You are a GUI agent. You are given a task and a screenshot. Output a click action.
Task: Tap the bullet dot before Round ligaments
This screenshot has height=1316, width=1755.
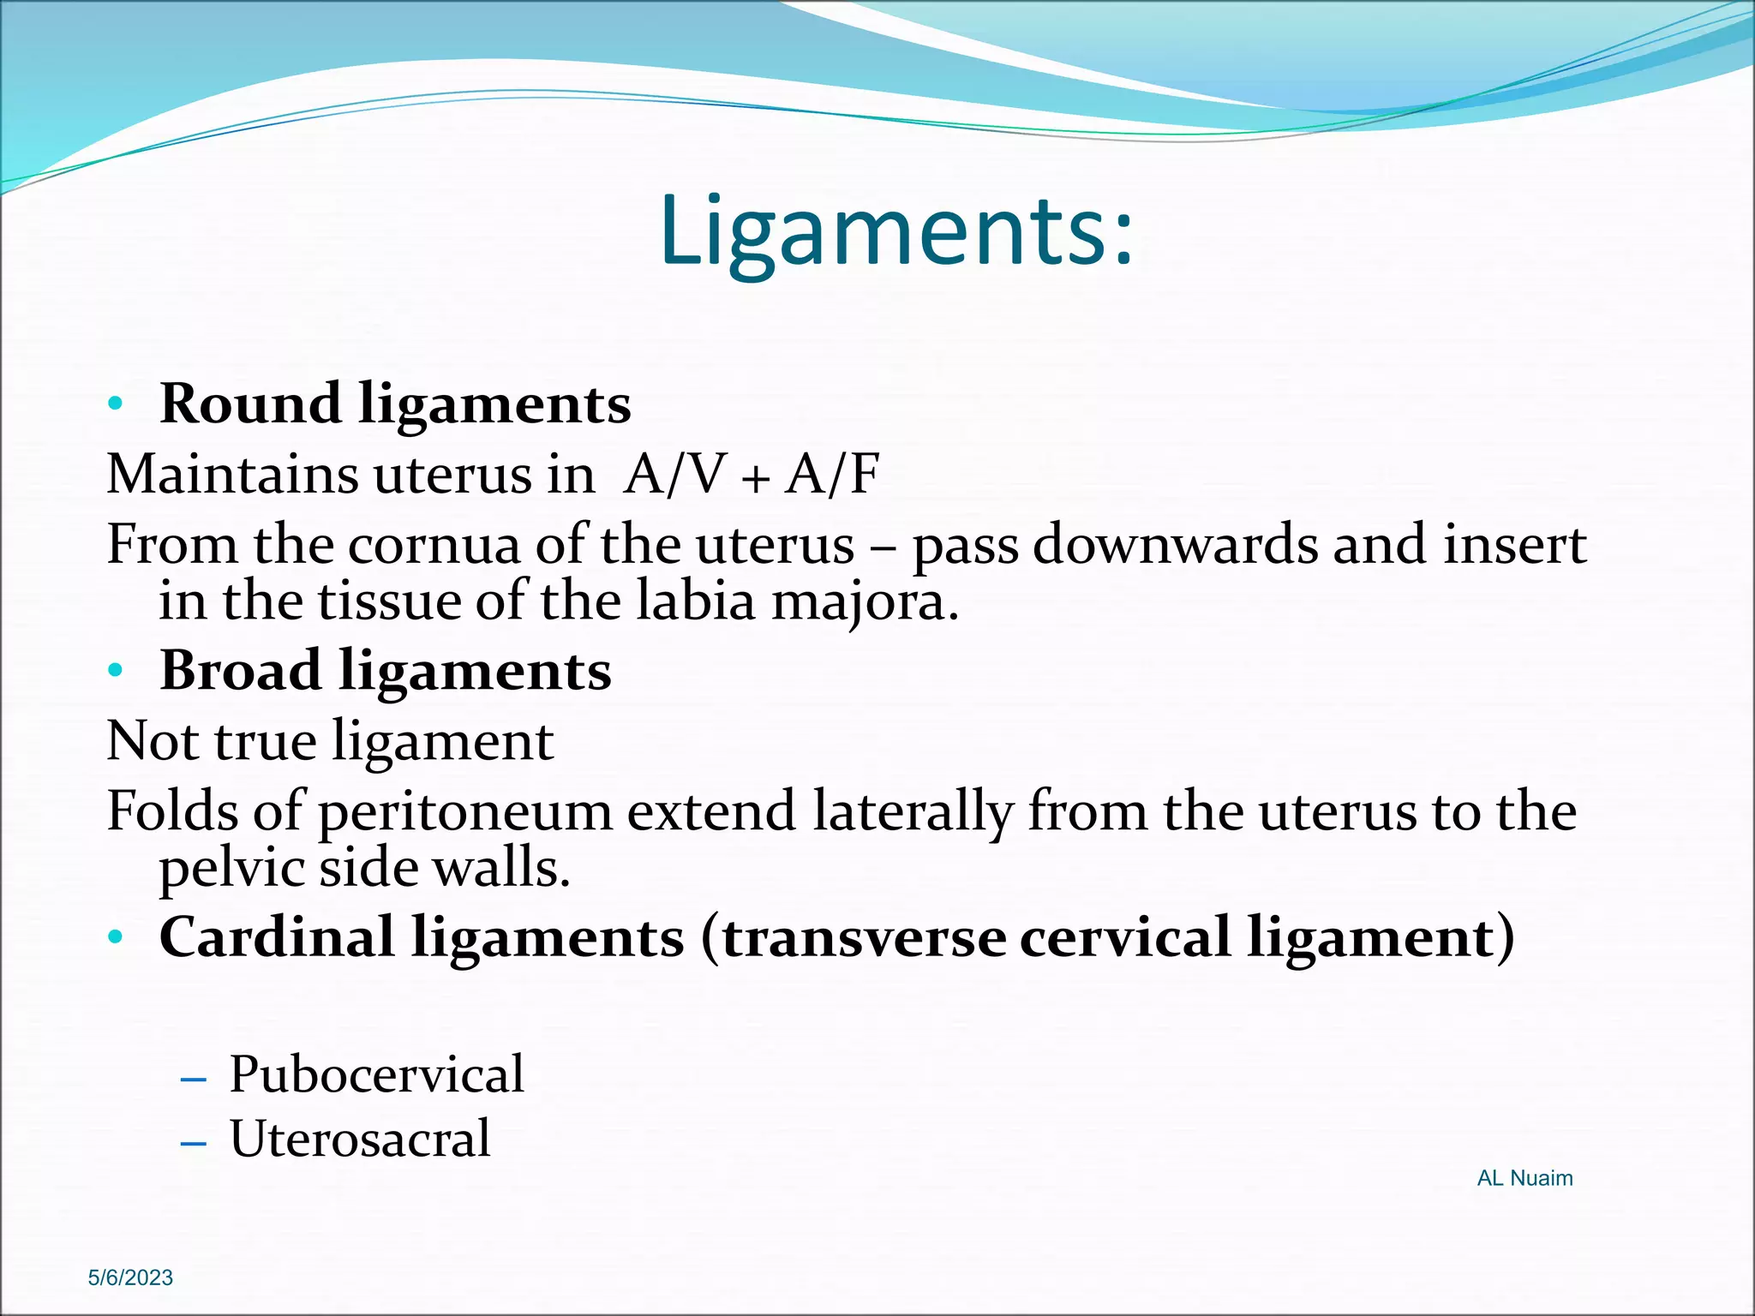click(117, 404)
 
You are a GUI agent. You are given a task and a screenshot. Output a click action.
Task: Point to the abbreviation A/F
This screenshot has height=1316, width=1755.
click(832, 474)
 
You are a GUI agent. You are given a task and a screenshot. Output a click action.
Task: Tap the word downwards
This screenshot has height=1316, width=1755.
click(1175, 545)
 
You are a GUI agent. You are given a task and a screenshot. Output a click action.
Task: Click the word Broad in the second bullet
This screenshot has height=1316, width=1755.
click(241, 670)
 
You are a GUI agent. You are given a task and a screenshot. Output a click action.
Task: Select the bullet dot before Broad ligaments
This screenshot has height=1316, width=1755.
click(117, 670)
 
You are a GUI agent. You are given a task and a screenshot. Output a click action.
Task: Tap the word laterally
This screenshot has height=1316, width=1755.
click(912, 812)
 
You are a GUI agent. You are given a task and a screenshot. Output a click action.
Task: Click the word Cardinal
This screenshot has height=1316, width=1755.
click(277, 937)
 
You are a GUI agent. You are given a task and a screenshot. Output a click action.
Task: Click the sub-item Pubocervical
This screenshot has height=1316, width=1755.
click(376, 1074)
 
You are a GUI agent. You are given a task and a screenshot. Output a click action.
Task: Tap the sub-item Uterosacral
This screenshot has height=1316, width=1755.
click(360, 1139)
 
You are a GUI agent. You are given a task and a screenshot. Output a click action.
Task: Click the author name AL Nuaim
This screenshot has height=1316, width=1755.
click(1524, 1178)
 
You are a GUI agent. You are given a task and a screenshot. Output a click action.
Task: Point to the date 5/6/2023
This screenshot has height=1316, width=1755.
click(130, 1277)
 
